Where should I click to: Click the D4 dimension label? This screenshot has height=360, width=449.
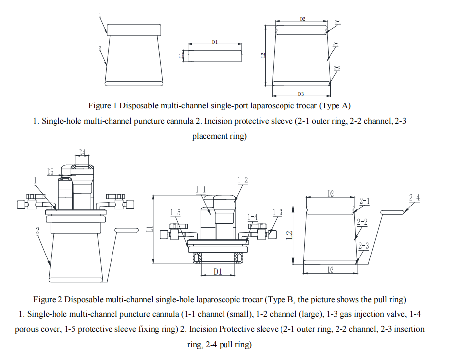click(x=82, y=152)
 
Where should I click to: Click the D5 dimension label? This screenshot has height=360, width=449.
click(x=51, y=172)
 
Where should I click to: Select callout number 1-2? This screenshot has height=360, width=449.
click(x=242, y=180)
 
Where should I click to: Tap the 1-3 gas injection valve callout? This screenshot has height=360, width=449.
click(x=278, y=212)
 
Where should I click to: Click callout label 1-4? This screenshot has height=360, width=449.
click(x=252, y=217)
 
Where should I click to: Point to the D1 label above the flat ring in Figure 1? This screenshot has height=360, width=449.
click(x=215, y=42)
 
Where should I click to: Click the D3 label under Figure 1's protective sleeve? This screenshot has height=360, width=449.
click(x=301, y=93)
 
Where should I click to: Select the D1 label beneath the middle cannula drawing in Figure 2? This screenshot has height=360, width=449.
click(x=217, y=271)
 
